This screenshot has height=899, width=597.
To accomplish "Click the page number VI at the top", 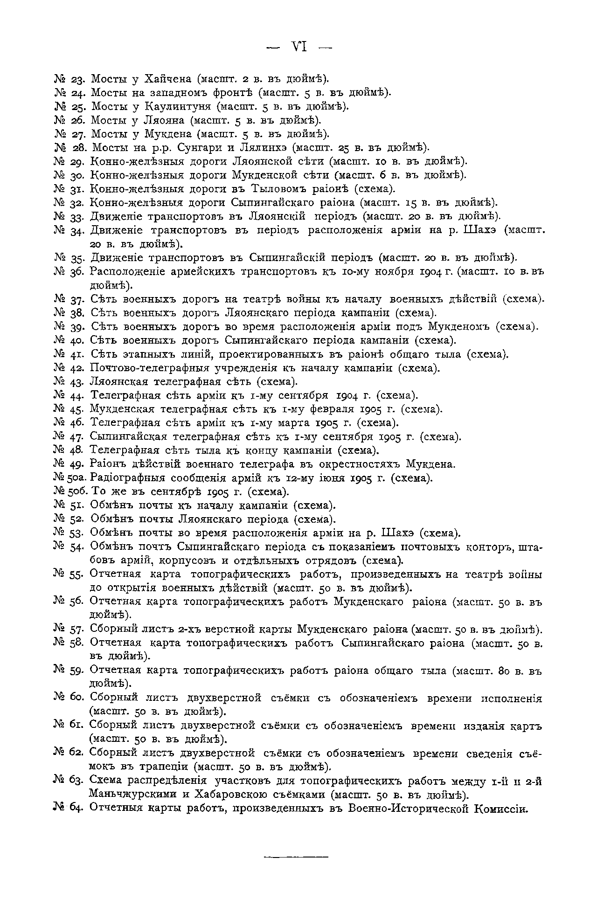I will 299,47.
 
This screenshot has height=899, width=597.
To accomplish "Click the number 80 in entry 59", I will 502,671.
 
